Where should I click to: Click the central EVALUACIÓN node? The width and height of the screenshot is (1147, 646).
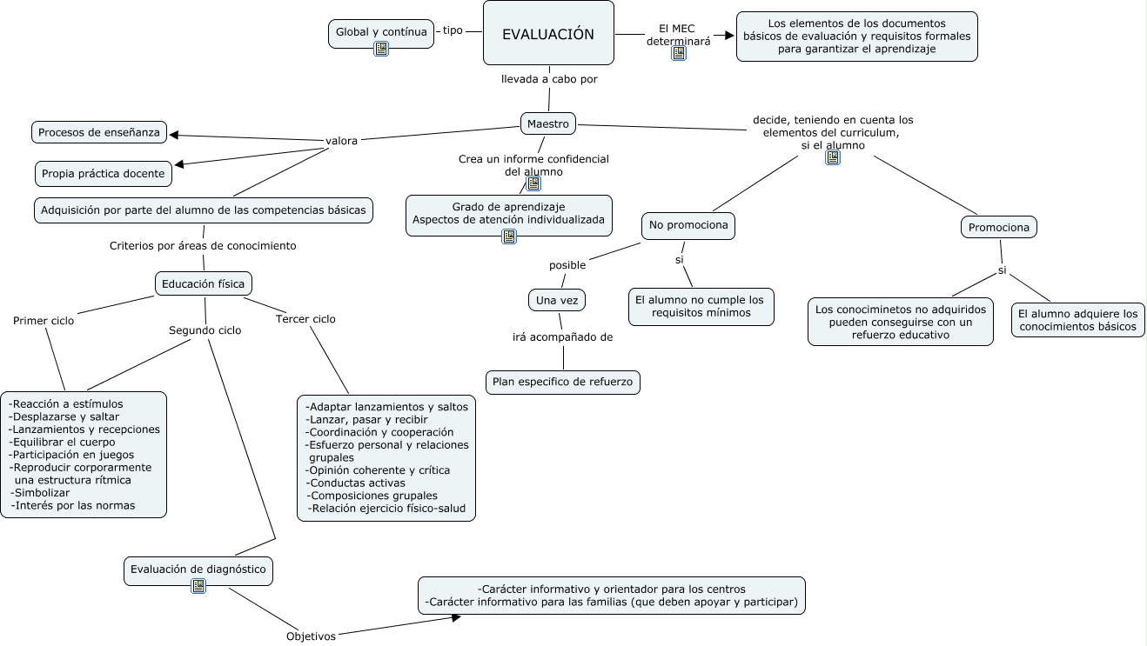click(x=548, y=34)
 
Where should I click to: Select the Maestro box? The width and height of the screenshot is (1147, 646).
click(x=548, y=124)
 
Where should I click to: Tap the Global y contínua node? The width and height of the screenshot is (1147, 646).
click(x=381, y=32)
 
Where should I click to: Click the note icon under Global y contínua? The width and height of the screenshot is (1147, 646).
click(x=381, y=49)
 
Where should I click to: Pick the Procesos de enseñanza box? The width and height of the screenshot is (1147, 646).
click(x=99, y=132)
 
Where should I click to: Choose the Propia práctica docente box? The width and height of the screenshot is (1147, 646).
click(x=103, y=173)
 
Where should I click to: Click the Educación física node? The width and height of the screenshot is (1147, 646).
click(x=205, y=283)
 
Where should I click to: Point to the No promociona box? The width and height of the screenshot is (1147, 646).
click(x=688, y=226)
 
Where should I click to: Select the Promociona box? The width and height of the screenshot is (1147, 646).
click(x=999, y=228)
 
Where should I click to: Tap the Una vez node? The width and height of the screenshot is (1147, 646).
click(x=557, y=300)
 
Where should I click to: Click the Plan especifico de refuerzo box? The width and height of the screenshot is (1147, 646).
click(x=563, y=382)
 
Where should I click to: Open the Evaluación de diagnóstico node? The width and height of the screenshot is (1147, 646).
click(x=198, y=569)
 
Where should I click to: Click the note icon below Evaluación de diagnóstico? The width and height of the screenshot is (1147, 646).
click(x=198, y=586)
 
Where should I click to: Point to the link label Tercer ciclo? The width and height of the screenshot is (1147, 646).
click(x=305, y=319)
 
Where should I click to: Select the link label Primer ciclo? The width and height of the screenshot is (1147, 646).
click(x=44, y=321)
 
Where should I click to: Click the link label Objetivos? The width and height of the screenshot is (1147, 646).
click(x=311, y=636)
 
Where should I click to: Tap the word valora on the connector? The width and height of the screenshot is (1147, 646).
click(x=341, y=141)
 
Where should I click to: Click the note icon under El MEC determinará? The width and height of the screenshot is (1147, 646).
click(x=679, y=53)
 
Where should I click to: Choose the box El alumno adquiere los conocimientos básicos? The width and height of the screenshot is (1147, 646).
click(x=1077, y=320)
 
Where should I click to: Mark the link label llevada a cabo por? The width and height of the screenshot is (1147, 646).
click(x=549, y=79)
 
